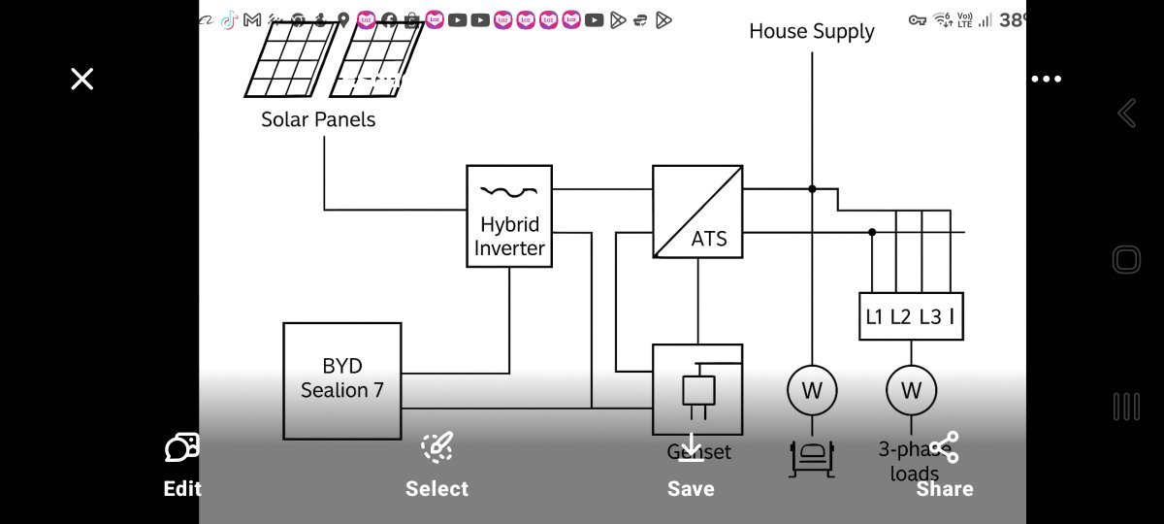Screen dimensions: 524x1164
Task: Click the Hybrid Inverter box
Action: coord(509,216)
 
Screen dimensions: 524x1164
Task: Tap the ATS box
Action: coord(697,212)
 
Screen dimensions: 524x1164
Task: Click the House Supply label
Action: coord(812,31)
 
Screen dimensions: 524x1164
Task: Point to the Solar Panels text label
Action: coord(318,120)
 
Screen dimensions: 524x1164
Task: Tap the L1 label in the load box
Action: coord(875,317)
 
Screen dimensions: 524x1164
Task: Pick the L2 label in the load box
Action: coord(902,317)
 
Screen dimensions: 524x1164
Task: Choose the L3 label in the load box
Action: coord(930,317)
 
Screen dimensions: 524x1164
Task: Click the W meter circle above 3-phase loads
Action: coord(911,390)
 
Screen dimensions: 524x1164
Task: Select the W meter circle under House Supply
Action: coord(811,390)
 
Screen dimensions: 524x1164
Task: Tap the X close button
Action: coord(82,79)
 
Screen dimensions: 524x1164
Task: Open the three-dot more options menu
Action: coord(1046,79)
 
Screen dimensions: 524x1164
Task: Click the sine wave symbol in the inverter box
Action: coord(508,191)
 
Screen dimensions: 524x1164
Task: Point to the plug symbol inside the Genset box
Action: coord(697,390)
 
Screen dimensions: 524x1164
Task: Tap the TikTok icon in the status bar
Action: coord(229,19)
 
